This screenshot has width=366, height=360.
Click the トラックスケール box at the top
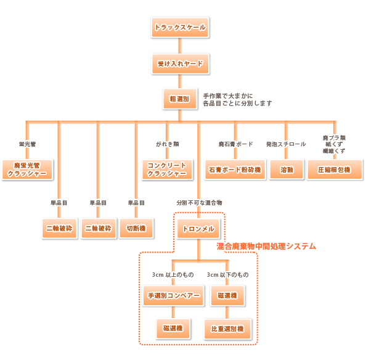pyautogui.click(x=179, y=28)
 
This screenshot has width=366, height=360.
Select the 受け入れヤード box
pyautogui.click(x=179, y=63)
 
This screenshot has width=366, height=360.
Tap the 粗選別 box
pyautogui.click(x=179, y=98)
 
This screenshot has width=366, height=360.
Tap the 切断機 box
pyautogui.click(x=136, y=228)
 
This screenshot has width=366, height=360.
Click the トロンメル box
pyautogui.click(x=198, y=229)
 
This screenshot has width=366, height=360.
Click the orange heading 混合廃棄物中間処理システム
pyautogui.click(x=266, y=246)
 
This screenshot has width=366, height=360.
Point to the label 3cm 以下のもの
pyautogui.click(x=228, y=275)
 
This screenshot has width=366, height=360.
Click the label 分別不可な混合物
pyautogui.click(x=198, y=202)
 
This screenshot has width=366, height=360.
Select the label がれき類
pyautogui.click(x=166, y=144)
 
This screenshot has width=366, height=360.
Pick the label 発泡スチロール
pyautogui.click(x=286, y=144)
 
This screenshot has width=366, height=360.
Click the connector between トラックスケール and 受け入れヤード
pyautogui.click(x=179, y=46)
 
